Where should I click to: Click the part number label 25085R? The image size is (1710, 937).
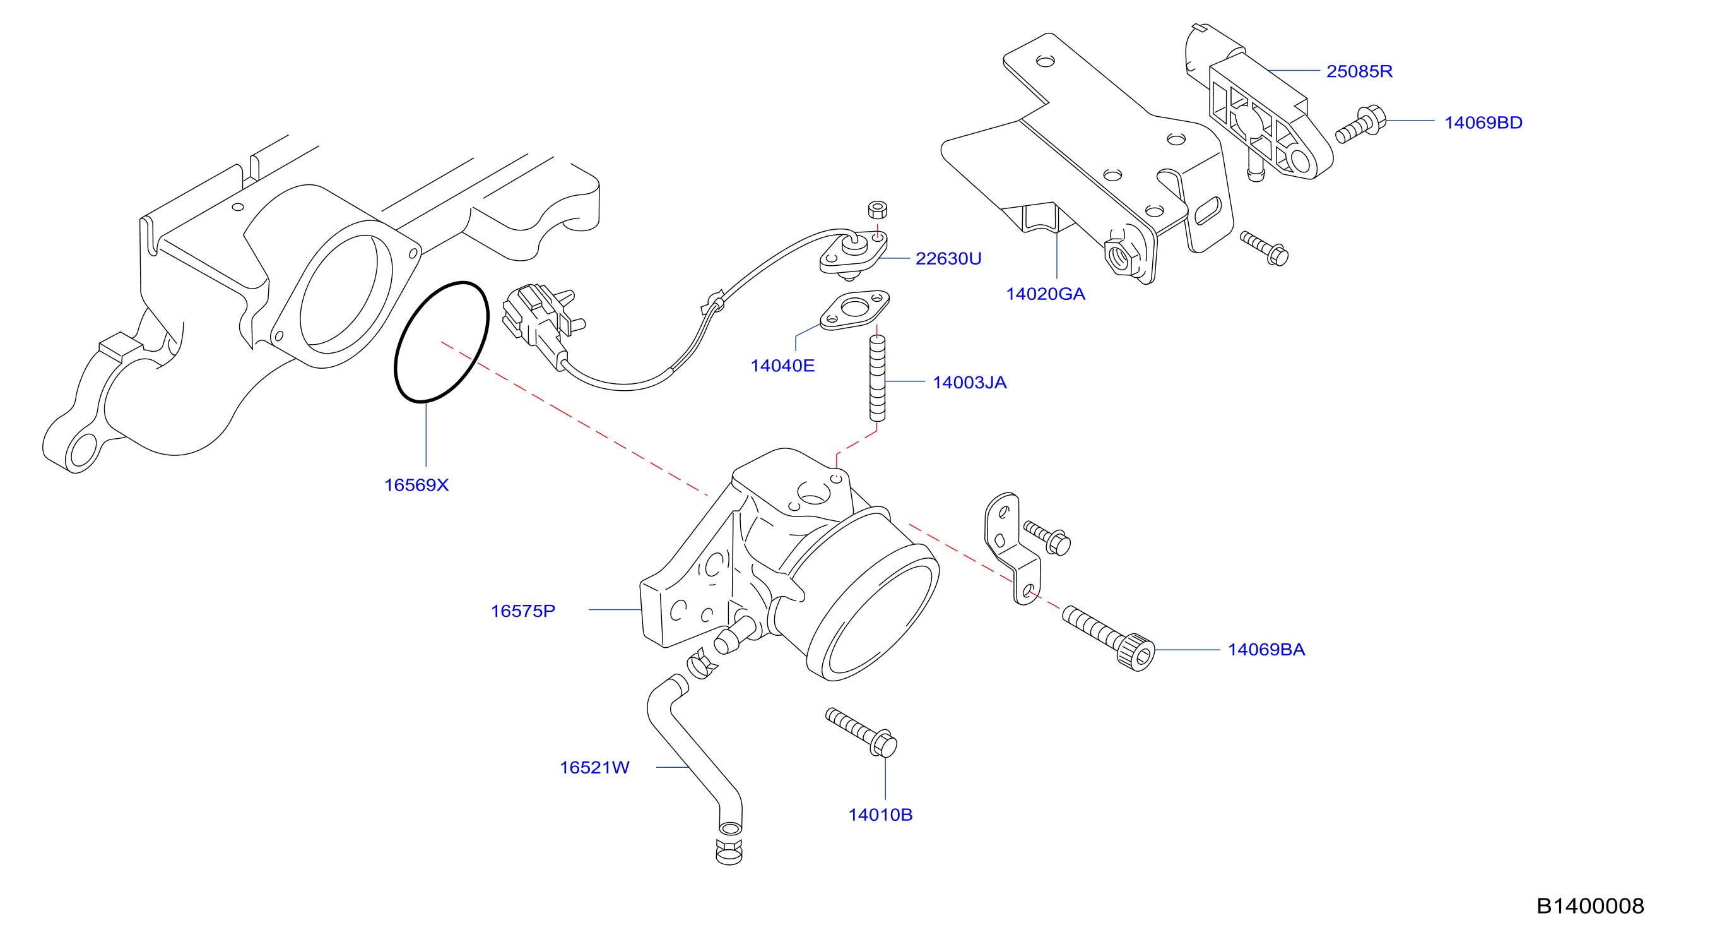point(1359,71)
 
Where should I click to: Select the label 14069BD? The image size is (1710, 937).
point(1483,123)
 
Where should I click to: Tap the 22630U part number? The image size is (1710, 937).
point(948,258)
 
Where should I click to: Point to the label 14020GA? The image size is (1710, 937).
point(1046,294)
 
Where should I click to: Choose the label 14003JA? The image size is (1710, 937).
point(969,383)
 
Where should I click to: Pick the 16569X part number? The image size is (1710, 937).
point(416,486)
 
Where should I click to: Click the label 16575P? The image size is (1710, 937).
point(522,611)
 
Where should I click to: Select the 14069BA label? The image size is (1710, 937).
point(1266,650)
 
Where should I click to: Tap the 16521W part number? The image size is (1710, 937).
point(594,768)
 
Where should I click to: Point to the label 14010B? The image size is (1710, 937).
point(880,815)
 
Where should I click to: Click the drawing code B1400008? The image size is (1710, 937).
point(1590,906)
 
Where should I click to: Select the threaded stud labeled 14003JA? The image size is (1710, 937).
point(877,378)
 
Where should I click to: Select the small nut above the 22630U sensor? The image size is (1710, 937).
point(877,210)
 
